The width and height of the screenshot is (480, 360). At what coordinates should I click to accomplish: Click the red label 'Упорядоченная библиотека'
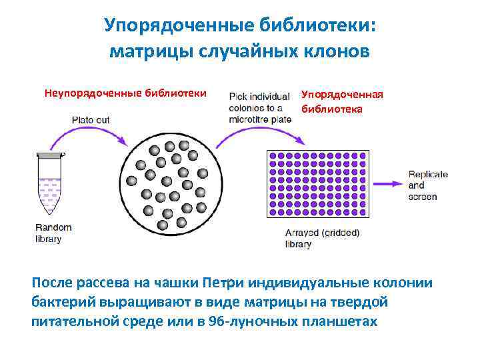tap(342, 101)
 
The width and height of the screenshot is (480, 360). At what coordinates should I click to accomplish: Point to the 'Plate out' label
tap(91, 120)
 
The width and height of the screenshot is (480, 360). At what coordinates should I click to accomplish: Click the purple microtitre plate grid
tap(317, 183)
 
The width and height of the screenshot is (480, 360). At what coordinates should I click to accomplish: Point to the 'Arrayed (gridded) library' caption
tap(322, 238)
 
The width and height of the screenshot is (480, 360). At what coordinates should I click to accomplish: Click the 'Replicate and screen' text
tap(427, 185)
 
